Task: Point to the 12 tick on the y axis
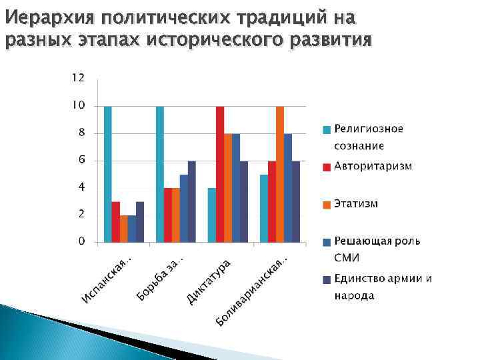click(78, 78)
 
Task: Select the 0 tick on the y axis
click(81, 241)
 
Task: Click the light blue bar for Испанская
click(108, 173)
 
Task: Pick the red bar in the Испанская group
click(116, 221)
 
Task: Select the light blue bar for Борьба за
click(160, 173)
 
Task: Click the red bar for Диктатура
click(220, 173)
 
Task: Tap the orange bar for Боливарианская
click(280, 173)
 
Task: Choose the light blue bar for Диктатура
click(212, 215)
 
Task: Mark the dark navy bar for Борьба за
click(192, 201)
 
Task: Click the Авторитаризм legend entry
click(373, 165)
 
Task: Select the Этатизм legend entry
click(356, 203)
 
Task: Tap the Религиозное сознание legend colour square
click(327, 129)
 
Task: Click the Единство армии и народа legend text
click(383, 287)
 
